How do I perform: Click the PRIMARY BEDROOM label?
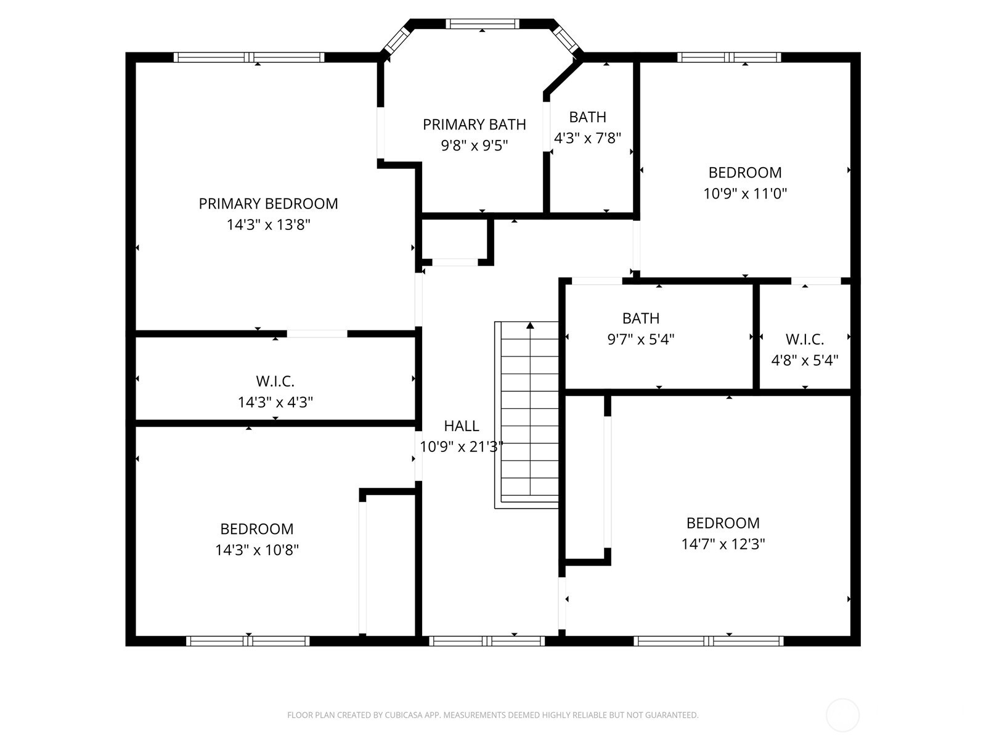pyautogui.click(x=268, y=203)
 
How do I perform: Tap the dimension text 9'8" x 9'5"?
pyautogui.click(x=474, y=146)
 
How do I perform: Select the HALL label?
pyautogui.click(x=462, y=425)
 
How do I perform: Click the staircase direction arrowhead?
pyautogui.click(x=530, y=325)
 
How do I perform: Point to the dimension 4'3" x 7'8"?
pyautogui.click(x=587, y=138)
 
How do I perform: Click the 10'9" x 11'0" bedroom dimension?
pyautogui.click(x=745, y=193)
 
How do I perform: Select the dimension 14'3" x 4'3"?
pyautogui.click(x=275, y=402)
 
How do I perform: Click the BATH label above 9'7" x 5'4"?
pyautogui.click(x=641, y=318)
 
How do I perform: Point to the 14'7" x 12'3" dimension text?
pyautogui.click(x=723, y=544)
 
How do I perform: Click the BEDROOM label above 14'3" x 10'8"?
pyautogui.click(x=257, y=529)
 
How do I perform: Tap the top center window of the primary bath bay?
pyautogui.click(x=483, y=24)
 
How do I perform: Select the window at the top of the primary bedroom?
pyautogui.click(x=249, y=57)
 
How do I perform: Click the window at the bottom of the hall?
pyautogui.click(x=487, y=641)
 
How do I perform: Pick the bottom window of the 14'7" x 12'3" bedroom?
pyautogui.click(x=709, y=641)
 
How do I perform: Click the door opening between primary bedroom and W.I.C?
pyautogui.click(x=317, y=334)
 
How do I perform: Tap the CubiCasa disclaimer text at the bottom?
pyautogui.click(x=492, y=715)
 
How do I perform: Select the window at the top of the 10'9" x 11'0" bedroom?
pyautogui.click(x=729, y=57)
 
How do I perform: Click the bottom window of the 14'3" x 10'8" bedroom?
pyautogui.click(x=248, y=641)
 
